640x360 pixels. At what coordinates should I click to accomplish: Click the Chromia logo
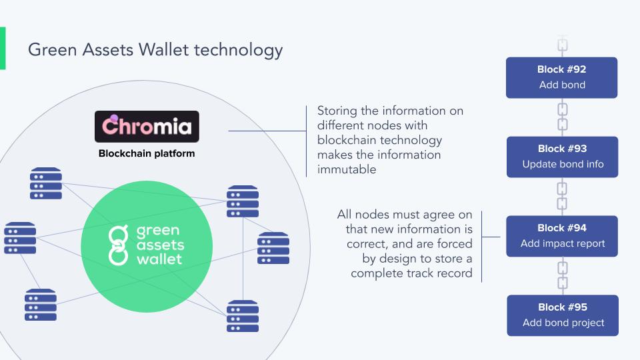(x=147, y=127)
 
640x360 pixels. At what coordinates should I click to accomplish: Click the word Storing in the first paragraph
(x=337, y=111)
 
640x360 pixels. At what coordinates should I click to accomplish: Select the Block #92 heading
(x=561, y=69)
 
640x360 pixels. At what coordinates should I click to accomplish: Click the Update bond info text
(x=563, y=164)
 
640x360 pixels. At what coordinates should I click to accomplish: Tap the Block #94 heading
(x=561, y=228)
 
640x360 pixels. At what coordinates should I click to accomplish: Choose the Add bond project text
(x=563, y=323)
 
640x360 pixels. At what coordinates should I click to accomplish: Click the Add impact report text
(x=563, y=243)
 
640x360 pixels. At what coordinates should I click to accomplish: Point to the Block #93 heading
(x=561, y=149)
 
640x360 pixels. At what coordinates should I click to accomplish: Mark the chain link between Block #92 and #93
(x=562, y=117)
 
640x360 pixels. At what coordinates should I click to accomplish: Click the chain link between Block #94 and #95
(x=562, y=275)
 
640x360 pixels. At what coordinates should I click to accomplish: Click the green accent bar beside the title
(x=3, y=48)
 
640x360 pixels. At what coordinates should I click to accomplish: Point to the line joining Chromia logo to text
(x=267, y=131)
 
